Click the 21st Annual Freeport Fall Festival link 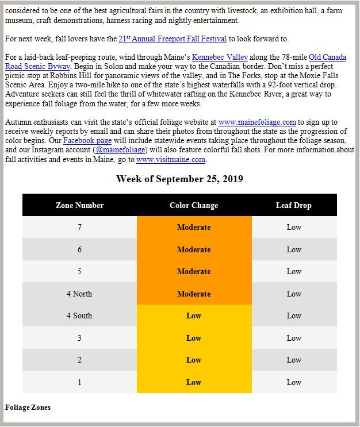[x=173, y=39]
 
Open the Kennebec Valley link [x=220, y=57]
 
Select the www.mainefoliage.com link [x=257, y=122]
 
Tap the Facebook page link [x=87, y=141]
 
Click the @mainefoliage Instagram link [x=119, y=150]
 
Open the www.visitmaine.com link [x=171, y=160]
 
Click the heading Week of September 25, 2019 [x=179, y=179]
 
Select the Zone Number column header [x=79, y=205]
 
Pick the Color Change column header [x=194, y=205]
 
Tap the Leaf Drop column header [x=294, y=205]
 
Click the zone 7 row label [x=79, y=228]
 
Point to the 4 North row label [x=79, y=294]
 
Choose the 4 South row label [x=79, y=316]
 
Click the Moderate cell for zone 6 [x=194, y=249]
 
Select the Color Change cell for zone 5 [x=194, y=271]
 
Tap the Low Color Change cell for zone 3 [x=194, y=338]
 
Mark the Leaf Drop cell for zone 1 [x=294, y=382]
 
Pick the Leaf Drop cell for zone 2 [x=294, y=360]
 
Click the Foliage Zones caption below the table [x=28, y=407]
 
